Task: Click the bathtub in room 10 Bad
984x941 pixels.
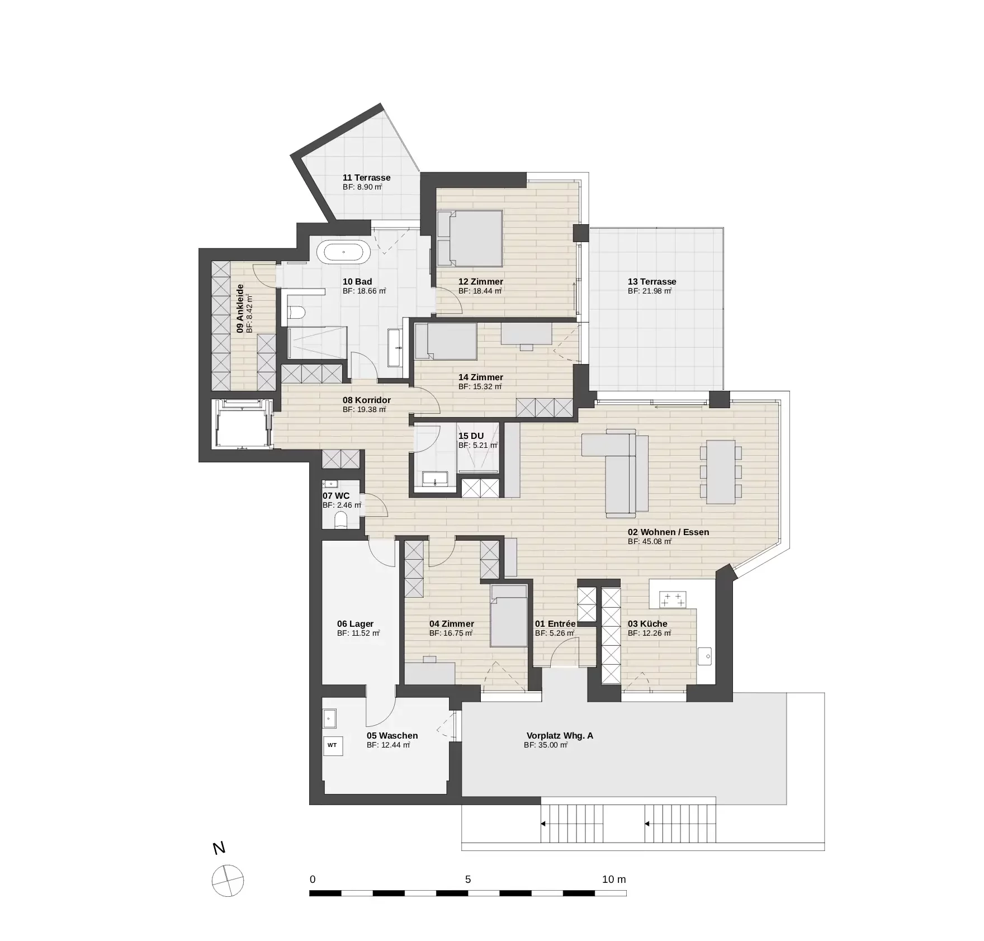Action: pos(343,252)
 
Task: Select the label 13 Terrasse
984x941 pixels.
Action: pos(652,282)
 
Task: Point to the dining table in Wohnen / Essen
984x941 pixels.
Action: pos(721,472)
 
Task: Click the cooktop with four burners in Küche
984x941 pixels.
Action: pos(673,600)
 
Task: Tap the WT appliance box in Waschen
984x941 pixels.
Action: pos(332,745)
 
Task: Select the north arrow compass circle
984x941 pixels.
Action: pos(228,896)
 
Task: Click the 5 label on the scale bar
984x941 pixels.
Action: pos(468,879)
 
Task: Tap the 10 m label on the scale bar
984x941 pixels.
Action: pos(614,879)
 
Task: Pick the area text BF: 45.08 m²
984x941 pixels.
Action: pos(650,542)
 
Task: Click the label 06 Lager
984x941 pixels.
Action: pos(355,624)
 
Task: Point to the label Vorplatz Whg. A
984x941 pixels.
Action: pos(560,736)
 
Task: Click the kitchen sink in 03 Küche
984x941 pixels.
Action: pos(705,656)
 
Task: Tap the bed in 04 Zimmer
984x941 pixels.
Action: pos(509,616)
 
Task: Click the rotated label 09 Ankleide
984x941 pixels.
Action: pos(240,309)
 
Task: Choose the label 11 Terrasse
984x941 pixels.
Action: pos(366,178)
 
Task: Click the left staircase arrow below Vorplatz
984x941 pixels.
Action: pos(543,824)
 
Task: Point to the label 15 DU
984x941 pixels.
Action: pos(471,436)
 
